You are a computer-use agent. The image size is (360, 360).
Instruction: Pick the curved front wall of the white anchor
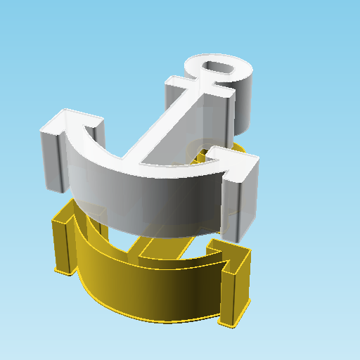(x=148, y=197)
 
